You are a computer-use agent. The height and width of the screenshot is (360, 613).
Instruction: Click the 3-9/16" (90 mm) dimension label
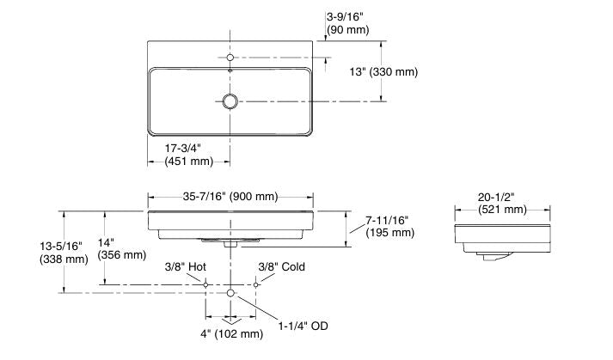[347, 23]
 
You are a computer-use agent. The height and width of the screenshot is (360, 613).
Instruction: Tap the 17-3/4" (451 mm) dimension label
[188, 154]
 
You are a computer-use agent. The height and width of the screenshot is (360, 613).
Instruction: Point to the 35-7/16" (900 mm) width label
[230, 197]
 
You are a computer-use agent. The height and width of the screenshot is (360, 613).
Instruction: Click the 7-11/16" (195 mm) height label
[388, 226]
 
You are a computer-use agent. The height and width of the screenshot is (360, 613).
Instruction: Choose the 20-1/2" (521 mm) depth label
[502, 203]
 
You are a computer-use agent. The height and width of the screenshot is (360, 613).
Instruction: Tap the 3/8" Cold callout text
[281, 267]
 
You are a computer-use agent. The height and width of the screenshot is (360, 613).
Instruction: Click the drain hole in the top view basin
[230, 101]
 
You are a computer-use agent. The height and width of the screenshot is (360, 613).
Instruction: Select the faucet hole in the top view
[230, 58]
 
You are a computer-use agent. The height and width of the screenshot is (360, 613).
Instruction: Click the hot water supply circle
[205, 284]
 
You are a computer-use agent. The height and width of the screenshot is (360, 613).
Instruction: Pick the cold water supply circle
[256, 284]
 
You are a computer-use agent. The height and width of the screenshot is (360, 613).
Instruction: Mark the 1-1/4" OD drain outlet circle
[230, 294]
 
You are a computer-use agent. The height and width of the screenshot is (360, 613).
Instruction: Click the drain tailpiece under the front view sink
[230, 243]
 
